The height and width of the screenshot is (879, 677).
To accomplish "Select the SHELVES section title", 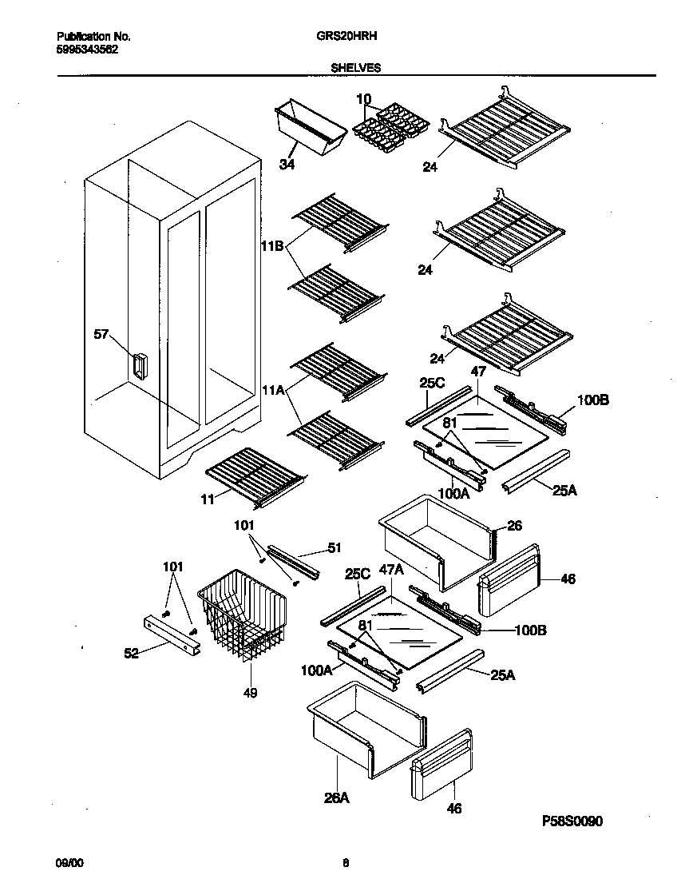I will click(x=355, y=69).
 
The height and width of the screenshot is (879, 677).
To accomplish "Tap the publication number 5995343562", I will click(x=88, y=48).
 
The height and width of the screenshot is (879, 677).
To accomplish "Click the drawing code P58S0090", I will click(x=577, y=821).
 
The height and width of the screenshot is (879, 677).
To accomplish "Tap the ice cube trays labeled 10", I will click(x=390, y=129).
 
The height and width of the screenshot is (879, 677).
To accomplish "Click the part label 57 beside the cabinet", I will click(x=101, y=335).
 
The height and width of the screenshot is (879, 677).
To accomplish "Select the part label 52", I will click(x=132, y=653).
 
